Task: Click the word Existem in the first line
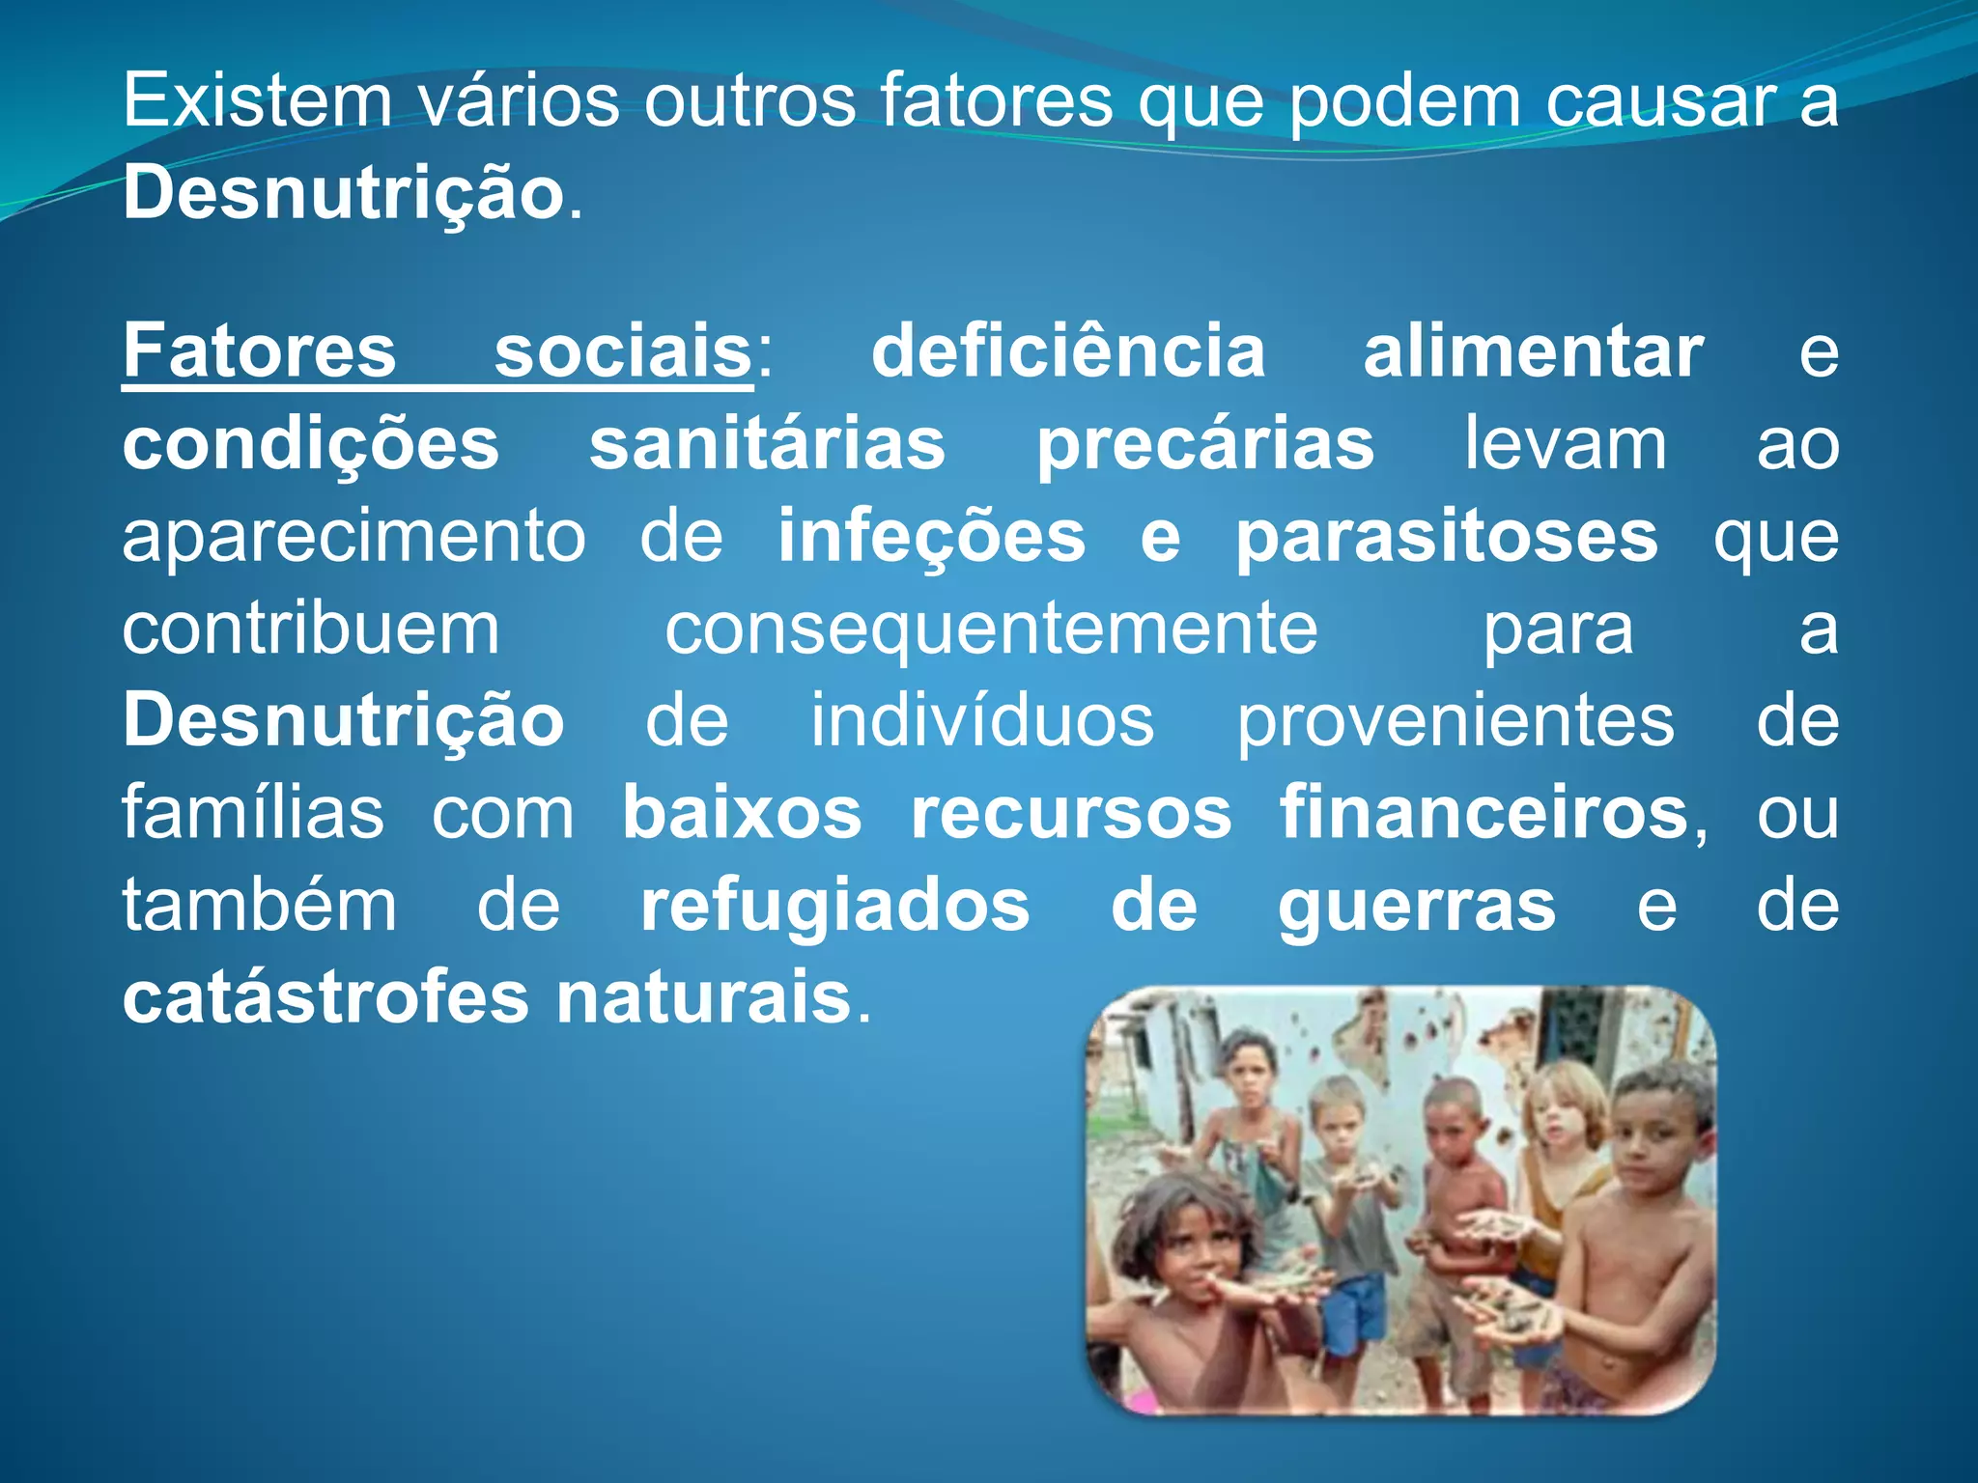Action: pyautogui.click(x=256, y=100)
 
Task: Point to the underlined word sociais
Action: pyautogui.click(x=623, y=351)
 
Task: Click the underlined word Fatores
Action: pyautogui.click(x=259, y=351)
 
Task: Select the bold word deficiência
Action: pyautogui.click(x=1068, y=351)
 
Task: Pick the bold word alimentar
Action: pyautogui.click(x=1533, y=351)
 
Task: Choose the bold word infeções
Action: pyautogui.click(x=931, y=537)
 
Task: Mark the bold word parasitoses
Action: pyautogui.click(x=1447, y=537)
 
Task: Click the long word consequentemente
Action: pyautogui.click(x=991, y=630)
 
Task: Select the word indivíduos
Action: pyautogui.click(x=981, y=720)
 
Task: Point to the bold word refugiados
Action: pyautogui.click(x=834, y=906)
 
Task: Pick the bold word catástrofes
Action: pyautogui.click(x=325, y=998)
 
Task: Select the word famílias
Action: pyautogui.click(x=253, y=813)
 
